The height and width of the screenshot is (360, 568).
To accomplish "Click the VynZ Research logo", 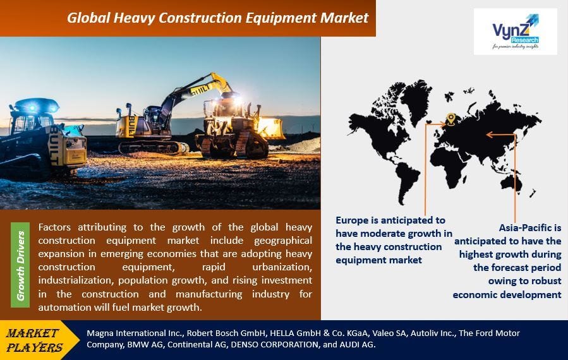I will coord(516,32).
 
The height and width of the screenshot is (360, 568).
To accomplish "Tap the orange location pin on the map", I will coord(450,118).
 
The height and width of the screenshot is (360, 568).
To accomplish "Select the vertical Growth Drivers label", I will coord(20,265).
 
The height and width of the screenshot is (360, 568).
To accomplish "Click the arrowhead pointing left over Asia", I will coord(488,133).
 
